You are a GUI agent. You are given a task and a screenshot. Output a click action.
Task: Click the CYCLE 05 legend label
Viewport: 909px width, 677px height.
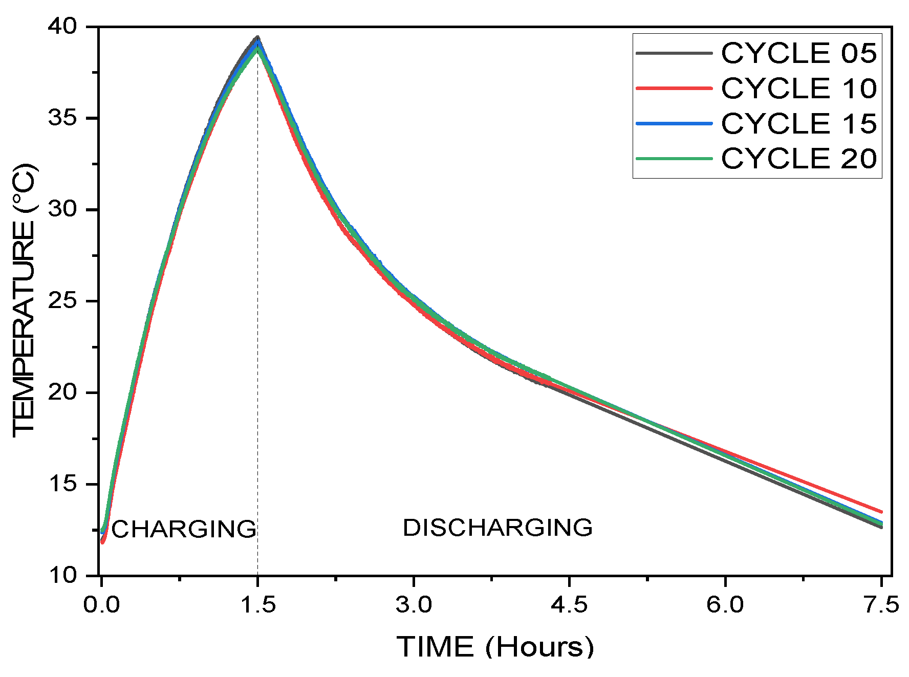(798, 53)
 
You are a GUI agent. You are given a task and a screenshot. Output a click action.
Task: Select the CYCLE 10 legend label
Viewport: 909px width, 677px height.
(798, 89)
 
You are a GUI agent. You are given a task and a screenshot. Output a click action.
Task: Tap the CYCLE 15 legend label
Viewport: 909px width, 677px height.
(798, 123)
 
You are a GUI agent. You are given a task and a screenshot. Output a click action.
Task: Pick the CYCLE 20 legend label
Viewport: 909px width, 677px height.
(798, 158)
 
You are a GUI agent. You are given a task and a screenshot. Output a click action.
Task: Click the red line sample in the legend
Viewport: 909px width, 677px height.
(674, 89)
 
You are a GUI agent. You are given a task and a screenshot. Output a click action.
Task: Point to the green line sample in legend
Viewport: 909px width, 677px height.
(674, 159)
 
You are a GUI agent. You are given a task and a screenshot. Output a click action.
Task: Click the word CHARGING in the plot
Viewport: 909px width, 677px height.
(184, 529)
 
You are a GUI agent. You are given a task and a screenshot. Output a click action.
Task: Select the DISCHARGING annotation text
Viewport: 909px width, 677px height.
(497, 528)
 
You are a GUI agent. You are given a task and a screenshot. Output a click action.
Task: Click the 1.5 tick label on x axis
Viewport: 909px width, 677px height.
(258, 605)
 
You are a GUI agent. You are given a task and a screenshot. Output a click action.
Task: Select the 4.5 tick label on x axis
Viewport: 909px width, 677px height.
(569, 605)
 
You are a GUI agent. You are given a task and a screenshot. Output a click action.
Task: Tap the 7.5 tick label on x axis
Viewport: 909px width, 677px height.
(881, 605)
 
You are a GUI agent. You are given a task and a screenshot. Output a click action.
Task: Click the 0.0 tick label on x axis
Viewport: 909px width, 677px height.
(101, 605)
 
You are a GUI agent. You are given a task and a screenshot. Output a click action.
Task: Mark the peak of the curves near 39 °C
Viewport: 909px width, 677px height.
(257, 38)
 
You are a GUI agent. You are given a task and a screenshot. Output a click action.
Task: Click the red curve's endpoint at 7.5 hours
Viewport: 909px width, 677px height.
(880, 511)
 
